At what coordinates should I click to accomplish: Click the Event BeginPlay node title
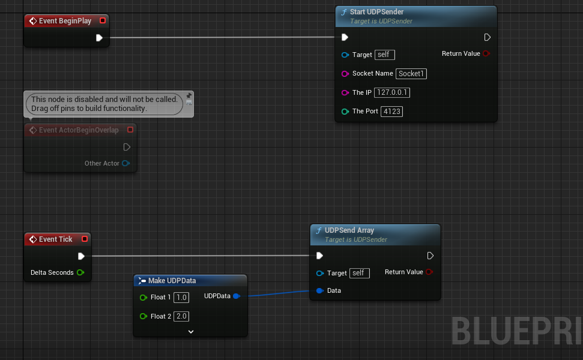coord(65,21)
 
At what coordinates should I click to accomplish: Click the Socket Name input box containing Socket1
coord(411,74)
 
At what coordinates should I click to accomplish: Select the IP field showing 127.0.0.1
coord(391,93)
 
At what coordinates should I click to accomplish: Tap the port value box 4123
coord(391,112)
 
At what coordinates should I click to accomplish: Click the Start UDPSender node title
coord(376,12)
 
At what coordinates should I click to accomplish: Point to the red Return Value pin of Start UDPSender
coord(486,53)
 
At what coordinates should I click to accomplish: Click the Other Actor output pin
coord(125,163)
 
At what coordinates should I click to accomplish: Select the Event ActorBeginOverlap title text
coord(79,130)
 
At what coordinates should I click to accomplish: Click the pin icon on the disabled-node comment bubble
coord(189,96)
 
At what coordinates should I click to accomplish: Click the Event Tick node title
coord(55,239)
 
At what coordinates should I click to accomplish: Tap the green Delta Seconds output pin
coord(80,272)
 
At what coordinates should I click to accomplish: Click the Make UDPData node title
coord(172,281)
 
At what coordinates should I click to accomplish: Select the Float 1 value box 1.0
coord(181,298)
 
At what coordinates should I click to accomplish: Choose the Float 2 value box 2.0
coord(181,316)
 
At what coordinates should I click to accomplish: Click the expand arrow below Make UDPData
coord(190,331)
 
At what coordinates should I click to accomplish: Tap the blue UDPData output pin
coord(237,296)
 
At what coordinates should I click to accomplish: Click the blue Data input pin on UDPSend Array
coord(319,291)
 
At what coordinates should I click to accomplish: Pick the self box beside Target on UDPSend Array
coord(358,273)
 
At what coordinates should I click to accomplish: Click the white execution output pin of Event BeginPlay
coord(99,38)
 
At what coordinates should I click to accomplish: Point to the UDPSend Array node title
coord(349,230)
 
